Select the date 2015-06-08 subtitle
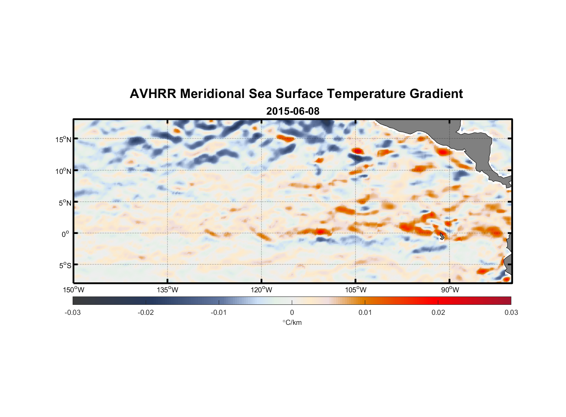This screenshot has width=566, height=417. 293,111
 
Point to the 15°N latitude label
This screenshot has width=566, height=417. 63,140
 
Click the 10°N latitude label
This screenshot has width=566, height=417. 63,171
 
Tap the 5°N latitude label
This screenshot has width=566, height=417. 64,203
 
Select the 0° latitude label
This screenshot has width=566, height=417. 65,234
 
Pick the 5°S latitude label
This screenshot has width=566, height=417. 64,266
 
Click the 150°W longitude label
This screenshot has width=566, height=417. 74,290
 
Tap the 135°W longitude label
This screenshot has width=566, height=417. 168,290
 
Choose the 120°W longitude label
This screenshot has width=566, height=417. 262,290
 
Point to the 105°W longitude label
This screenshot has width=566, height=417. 356,290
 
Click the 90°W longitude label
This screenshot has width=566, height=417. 450,290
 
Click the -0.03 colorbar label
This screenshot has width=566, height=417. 73,312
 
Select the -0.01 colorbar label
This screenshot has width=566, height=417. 219,312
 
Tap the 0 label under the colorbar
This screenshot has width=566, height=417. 292,312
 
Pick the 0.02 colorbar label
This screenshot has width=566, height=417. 438,312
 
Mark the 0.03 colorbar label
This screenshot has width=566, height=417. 511,312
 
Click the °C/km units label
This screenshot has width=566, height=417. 292,322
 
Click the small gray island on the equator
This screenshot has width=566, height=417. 442,236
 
